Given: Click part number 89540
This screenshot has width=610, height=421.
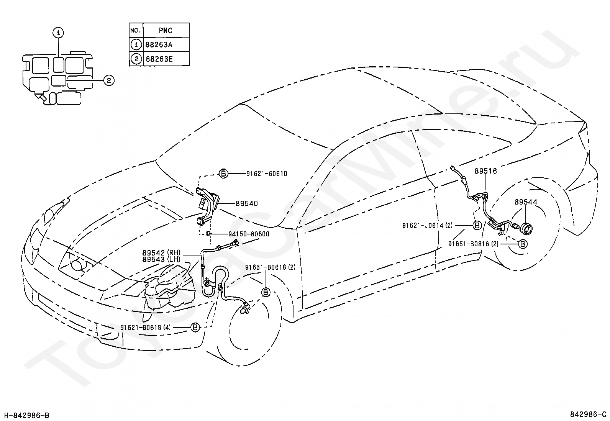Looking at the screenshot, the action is pyautogui.click(x=247, y=203).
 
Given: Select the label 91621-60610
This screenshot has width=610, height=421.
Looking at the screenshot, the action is pyautogui.click(x=267, y=174).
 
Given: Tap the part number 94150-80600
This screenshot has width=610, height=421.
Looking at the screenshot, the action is pyautogui.click(x=249, y=234).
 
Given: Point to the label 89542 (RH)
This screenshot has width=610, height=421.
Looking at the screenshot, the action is pyautogui.click(x=161, y=252).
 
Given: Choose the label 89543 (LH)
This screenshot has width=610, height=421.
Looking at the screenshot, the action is pyautogui.click(x=161, y=259).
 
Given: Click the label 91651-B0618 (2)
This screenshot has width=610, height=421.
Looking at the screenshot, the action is pyautogui.click(x=270, y=267).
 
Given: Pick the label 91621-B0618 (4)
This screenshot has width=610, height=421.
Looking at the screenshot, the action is pyautogui.click(x=146, y=327).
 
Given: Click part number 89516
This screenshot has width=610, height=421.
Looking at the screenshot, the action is pyautogui.click(x=486, y=171).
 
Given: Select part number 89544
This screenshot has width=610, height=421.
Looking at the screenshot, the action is pyautogui.click(x=526, y=202).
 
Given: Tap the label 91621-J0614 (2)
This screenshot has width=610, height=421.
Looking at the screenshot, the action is pyautogui.click(x=427, y=226).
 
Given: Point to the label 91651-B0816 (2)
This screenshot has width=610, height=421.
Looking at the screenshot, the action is pyautogui.click(x=473, y=244).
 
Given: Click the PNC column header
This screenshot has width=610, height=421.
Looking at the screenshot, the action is pyautogui.click(x=166, y=31).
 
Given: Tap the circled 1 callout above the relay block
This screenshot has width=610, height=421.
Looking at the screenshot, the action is pyautogui.click(x=58, y=33).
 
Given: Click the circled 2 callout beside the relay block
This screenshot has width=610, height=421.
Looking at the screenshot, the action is pyautogui.click(x=109, y=80).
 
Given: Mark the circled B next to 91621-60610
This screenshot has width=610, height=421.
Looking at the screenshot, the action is pyautogui.click(x=223, y=174).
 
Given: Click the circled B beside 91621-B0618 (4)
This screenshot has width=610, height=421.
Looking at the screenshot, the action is pyautogui.click(x=195, y=327).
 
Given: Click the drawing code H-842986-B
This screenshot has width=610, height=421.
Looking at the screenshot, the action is pyautogui.click(x=27, y=415).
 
